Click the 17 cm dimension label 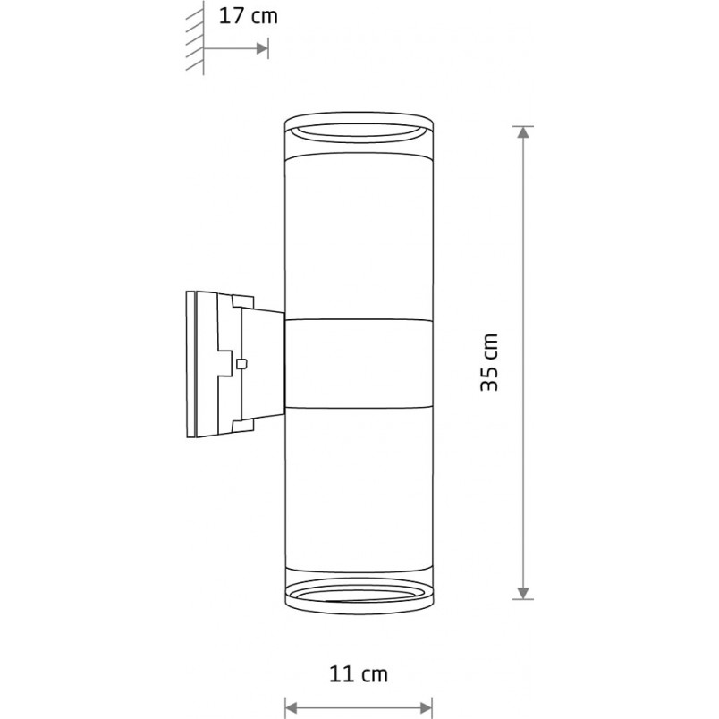click(x=248, y=16)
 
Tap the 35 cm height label click(x=489, y=362)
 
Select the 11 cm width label click(x=359, y=674)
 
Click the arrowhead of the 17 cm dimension click(x=262, y=48)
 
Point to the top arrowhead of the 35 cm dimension click(x=523, y=132)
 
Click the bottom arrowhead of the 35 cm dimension click(x=523, y=594)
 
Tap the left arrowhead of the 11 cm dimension click(x=292, y=708)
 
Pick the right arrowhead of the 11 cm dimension click(x=426, y=708)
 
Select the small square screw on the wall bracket click(x=241, y=364)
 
